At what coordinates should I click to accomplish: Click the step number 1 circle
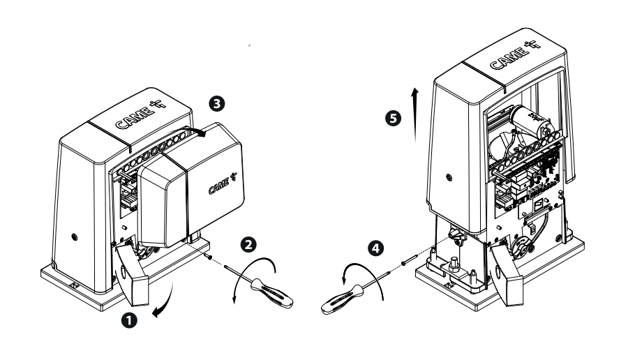[129, 321]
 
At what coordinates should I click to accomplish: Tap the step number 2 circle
[248, 245]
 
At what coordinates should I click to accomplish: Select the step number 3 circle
[216, 104]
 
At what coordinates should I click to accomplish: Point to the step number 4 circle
[376, 248]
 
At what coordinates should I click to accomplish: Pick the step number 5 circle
[393, 118]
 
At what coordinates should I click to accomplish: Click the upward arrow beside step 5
[415, 114]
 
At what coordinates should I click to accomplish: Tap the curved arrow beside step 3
[195, 130]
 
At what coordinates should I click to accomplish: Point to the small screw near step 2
[208, 256]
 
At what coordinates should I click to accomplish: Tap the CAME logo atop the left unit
[140, 114]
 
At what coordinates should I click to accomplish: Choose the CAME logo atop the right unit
[515, 56]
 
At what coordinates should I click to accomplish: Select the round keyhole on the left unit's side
[74, 237]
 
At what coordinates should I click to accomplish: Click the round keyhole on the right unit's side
[448, 177]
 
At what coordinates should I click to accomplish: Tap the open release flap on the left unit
[130, 276]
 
